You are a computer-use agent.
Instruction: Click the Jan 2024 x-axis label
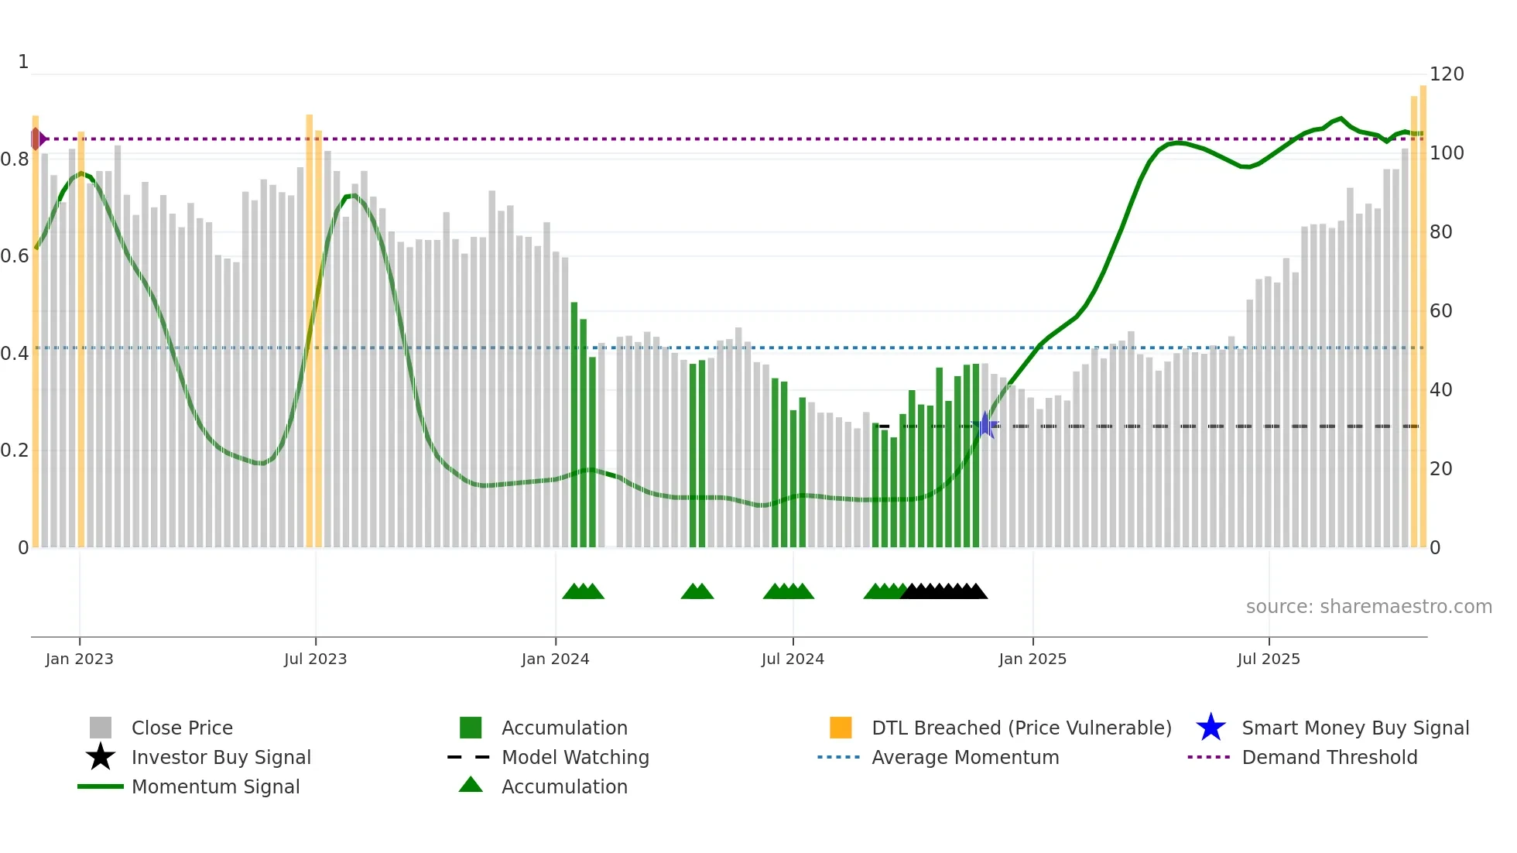tap(555, 659)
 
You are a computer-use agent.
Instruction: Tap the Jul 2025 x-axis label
tap(1268, 659)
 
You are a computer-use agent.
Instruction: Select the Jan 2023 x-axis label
tap(79, 659)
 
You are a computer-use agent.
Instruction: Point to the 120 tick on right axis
tap(1446, 74)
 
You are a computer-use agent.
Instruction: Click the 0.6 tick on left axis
tap(15, 256)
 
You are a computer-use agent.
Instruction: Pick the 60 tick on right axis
tap(1440, 311)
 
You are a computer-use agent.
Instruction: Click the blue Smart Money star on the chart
tap(985, 425)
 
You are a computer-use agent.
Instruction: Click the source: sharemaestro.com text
tap(1368, 607)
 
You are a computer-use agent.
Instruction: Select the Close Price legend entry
tap(181, 728)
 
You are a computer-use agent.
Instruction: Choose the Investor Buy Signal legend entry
tap(221, 757)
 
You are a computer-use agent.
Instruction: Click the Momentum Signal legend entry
tap(215, 786)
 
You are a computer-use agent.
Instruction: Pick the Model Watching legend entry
tap(574, 757)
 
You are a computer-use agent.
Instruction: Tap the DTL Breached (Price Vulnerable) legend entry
tap(1021, 728)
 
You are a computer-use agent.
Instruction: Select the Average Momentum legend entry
tap(964, 757)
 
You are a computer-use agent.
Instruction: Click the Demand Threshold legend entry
tap(1329, 757)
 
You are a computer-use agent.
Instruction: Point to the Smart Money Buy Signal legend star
tap(1211, 728)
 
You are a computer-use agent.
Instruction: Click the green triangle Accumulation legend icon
tap(471, 785)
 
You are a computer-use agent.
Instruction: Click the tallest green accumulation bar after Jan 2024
tap(574, 426)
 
